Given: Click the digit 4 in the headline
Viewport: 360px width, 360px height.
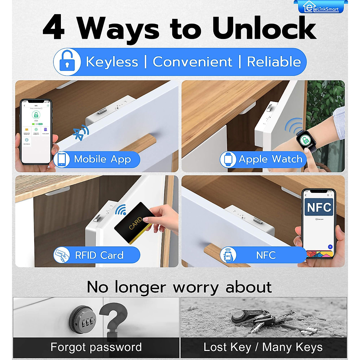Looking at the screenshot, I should (x=54, y=28).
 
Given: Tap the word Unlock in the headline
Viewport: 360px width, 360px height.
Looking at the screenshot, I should (x=264, y=28).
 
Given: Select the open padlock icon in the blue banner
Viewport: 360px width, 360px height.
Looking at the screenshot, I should (x=67, y=62).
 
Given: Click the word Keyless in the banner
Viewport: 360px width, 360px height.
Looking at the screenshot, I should (x=112, y=62).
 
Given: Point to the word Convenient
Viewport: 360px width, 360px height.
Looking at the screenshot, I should (x=192, y=62).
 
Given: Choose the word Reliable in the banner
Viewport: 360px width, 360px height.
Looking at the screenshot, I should (x=274, y=62).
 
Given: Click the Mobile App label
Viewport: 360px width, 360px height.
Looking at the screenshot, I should (x=102, y=159).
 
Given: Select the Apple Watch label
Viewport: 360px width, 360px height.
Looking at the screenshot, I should (x=270, y=159).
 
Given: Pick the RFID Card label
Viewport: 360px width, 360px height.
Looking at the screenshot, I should (x=99, y=255).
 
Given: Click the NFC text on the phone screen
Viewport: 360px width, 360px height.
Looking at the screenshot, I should (x=319, y=207).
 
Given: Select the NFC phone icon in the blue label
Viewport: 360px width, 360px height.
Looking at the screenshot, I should (x=228, y=255).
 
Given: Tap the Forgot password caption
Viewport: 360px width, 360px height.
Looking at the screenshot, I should (x=96, y=347).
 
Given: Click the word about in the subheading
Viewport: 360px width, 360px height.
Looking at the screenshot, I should (x=248, y=287).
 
